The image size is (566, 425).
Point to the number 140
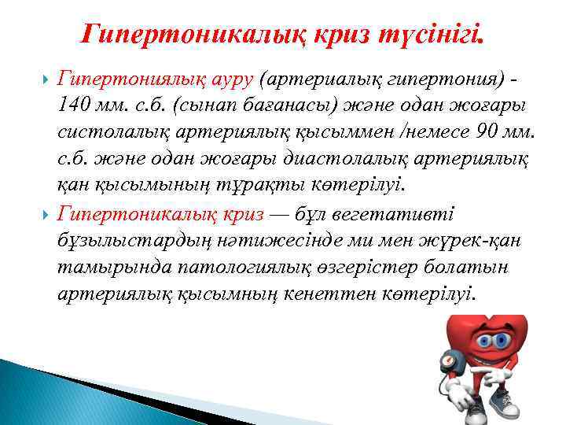77,106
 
